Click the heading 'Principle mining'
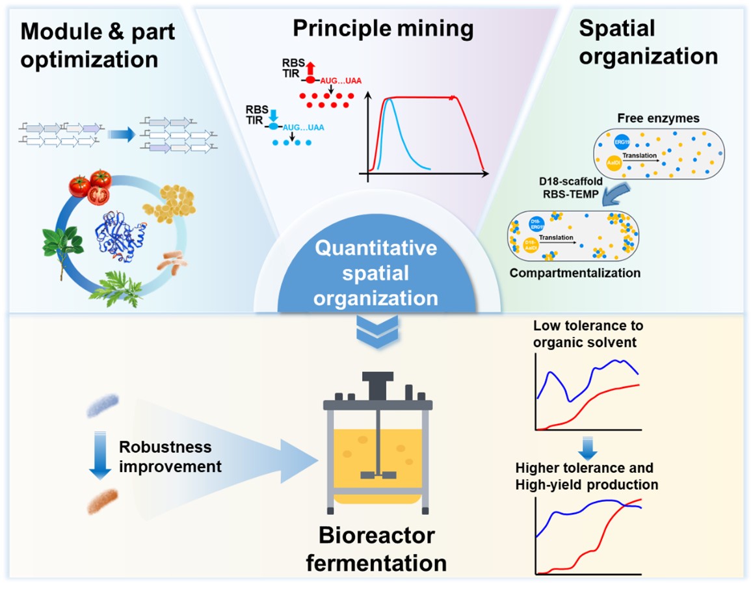click(383, 29)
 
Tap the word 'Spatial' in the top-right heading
click(616, 29)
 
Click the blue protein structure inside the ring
click(118, 237)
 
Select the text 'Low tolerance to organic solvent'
click(587, 334)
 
